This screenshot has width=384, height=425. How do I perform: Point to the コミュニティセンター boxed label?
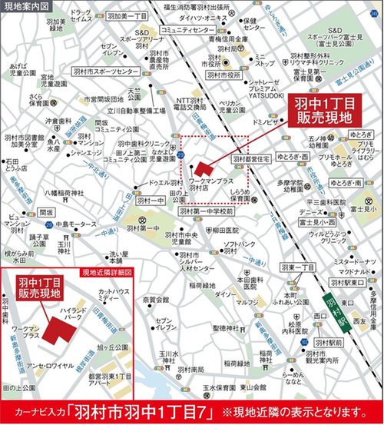coord(188,29)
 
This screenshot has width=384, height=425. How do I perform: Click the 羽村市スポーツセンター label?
coord(106,71)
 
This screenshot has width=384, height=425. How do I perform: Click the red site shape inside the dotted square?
coord(201,168)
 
